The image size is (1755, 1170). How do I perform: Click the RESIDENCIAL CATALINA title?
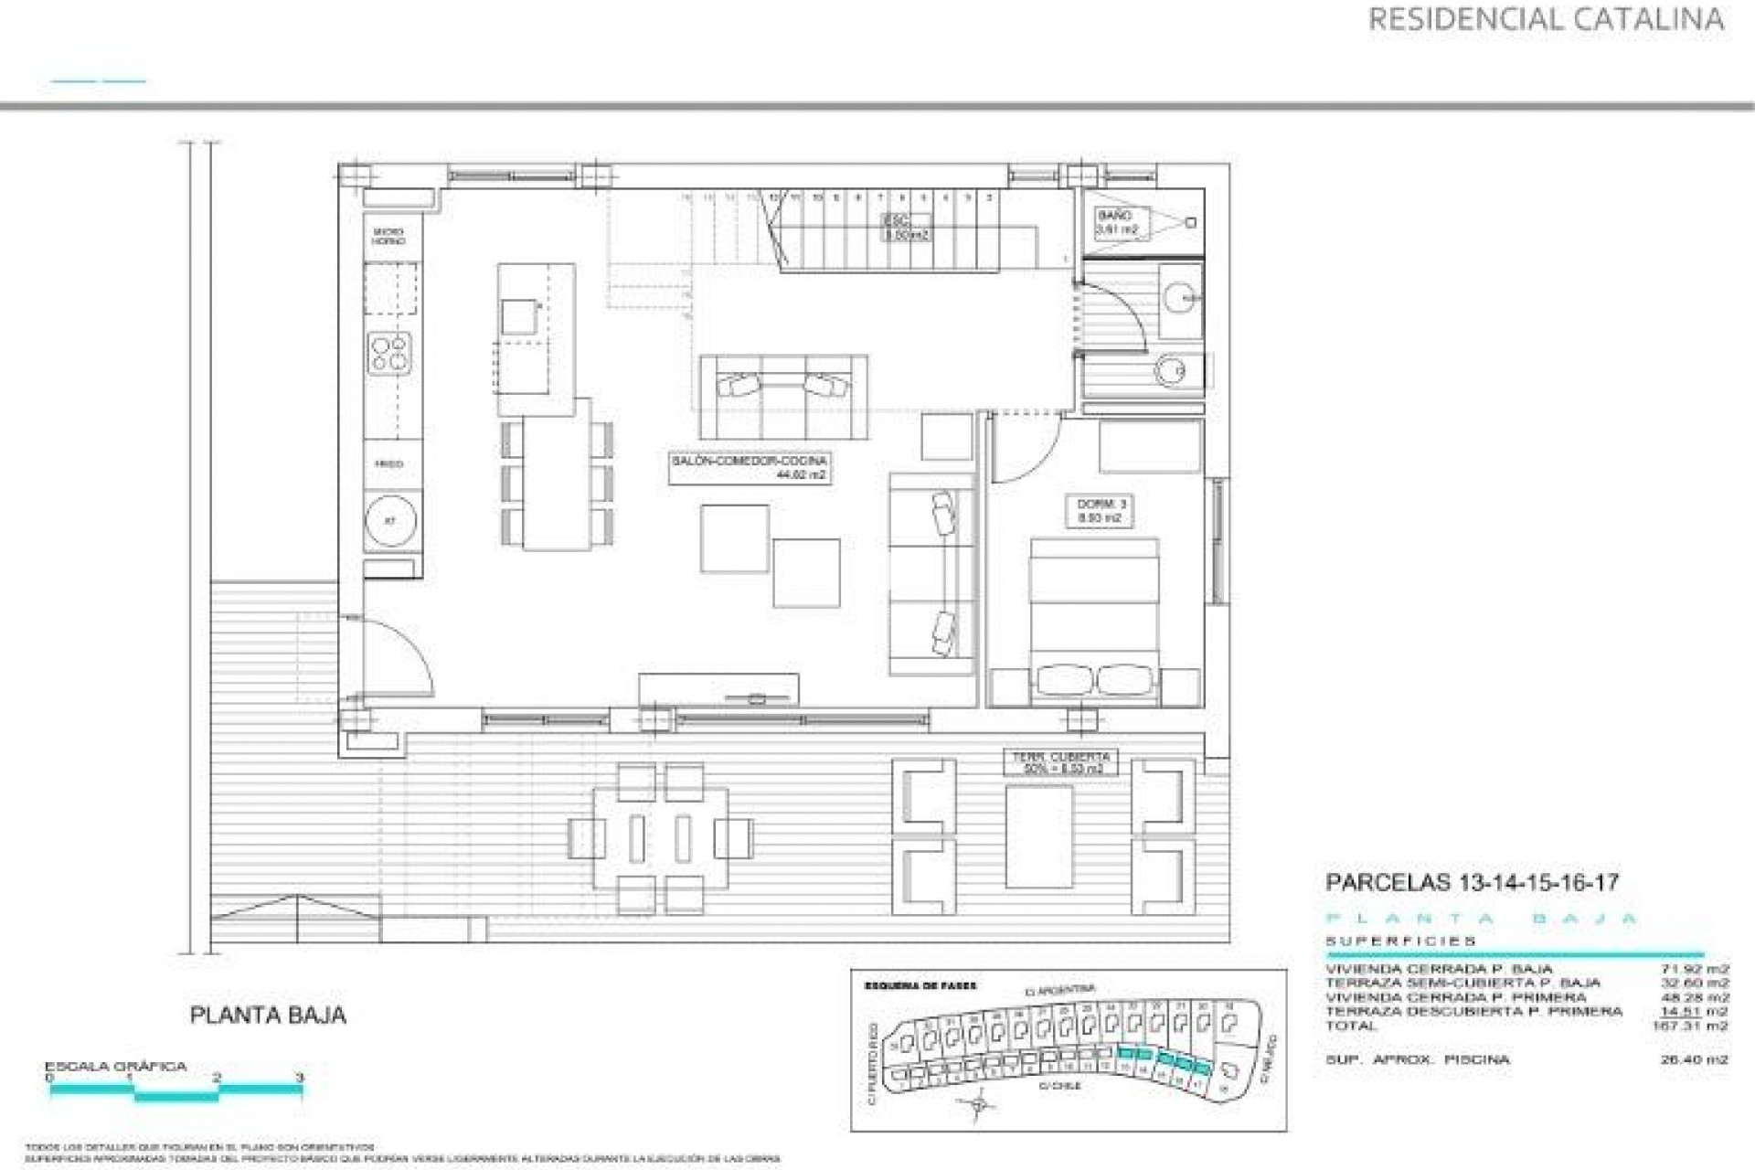pyautogui.click(x=1546, y=19)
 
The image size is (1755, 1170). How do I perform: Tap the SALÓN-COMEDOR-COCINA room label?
pyautogui.click(x=749, y=468)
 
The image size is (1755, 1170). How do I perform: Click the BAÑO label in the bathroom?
pyautogui.click(x=1116, y=222)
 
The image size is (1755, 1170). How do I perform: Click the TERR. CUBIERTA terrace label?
pyautogui.click(x=1061, y=762)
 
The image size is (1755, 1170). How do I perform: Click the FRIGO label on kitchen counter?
pyautogui.click(x=388, y=464)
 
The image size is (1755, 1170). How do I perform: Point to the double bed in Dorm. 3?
pyautogui.click(x=1094, y=622)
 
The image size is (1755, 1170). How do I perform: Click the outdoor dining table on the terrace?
pyautogui.click(x=660, y=837)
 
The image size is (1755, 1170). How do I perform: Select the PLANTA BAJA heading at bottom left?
pyautogui.click(x=267, y=1015)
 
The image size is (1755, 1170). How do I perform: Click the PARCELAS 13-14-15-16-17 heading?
pyautogui.click(x=1472, y=883)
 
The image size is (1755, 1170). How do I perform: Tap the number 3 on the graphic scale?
pyautogui.click(x=300, y=1079)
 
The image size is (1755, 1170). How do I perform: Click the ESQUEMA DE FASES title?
pyautogui.click(x=920, y=986)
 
